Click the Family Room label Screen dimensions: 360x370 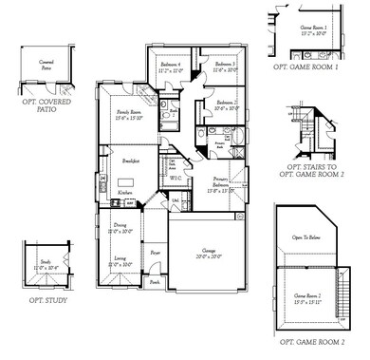tap(129, 114)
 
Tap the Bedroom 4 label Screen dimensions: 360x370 tap(171, 66)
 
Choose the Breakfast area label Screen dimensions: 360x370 tap(130, 162)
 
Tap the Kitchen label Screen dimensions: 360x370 tap(125, 192)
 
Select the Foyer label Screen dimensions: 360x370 tap(155, 253)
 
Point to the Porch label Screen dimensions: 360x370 tap(154, 281)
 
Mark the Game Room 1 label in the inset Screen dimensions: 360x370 tap(312, 29)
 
